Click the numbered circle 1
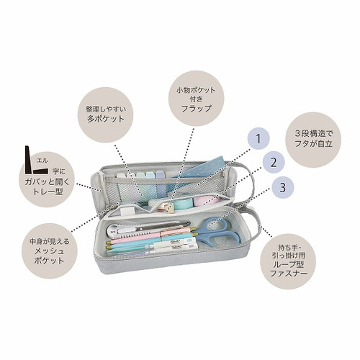(258, 138)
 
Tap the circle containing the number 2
(274, 163)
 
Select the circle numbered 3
(282, 188)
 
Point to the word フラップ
(197, 108)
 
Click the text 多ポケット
(106, 119)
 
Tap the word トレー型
(48, 192)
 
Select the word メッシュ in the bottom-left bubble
(49, 251)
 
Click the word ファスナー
(289, 273)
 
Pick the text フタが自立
(313, 143)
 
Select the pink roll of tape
(207, 201)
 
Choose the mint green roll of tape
(184, 204)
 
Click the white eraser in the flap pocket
(126, 212)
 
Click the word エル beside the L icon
(42, 161)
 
